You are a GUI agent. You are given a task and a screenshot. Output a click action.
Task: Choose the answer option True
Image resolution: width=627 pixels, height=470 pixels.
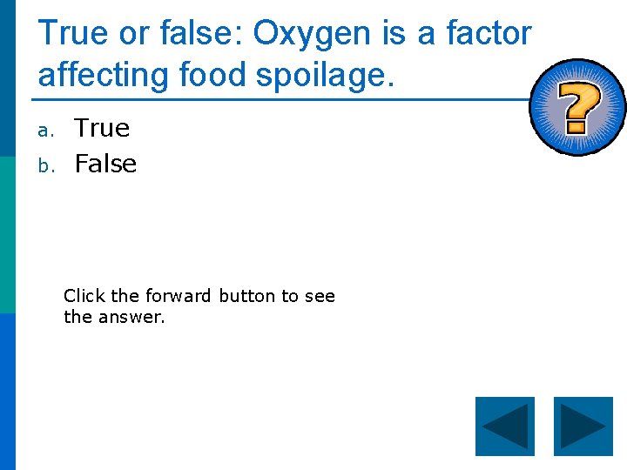coord(102,129)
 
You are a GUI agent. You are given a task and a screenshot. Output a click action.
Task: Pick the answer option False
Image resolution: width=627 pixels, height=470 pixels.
coord(105,164)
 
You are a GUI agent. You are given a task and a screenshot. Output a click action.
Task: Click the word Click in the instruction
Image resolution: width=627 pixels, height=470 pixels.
coord(84,296)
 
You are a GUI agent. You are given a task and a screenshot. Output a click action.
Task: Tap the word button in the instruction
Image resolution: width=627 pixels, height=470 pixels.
coord(246,296)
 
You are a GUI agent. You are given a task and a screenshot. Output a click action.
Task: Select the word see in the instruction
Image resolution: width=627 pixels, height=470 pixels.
coord(320,297)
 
